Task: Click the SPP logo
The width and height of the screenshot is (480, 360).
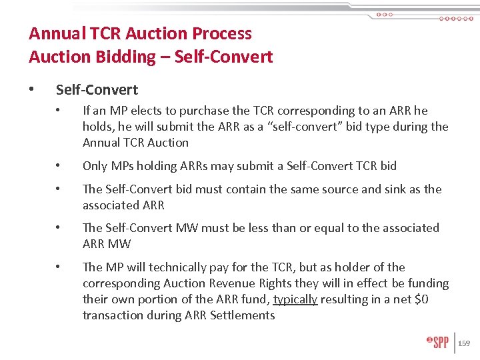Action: click(437, 343)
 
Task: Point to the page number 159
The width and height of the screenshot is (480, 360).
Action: click(464, 343)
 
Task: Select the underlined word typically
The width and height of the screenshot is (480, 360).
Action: click(295, 299)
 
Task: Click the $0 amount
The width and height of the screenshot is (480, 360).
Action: click(420, 299)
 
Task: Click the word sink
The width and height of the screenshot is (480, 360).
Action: click(390, 189)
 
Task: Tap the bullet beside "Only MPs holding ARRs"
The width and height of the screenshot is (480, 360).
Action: click(59, 166)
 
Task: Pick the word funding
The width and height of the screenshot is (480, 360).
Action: click(427, 283)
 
